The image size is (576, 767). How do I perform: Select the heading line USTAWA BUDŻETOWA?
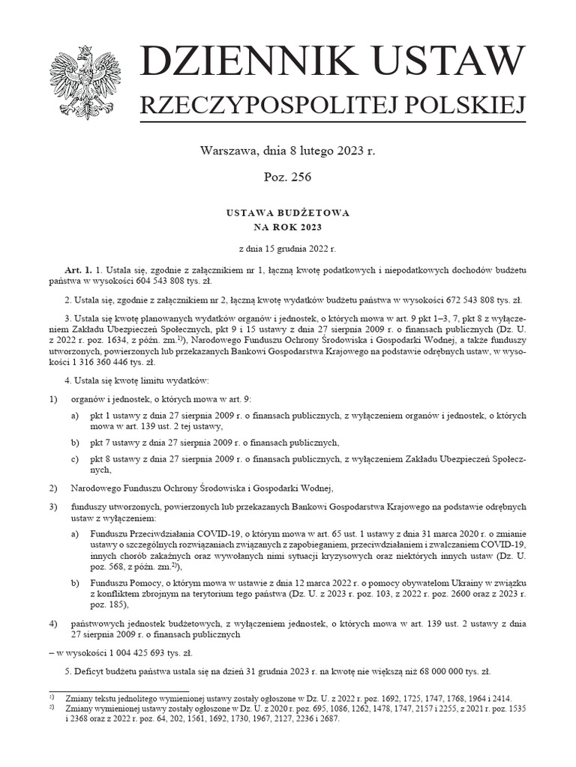(x=287, y=213)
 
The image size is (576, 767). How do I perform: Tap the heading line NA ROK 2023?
(x=287, y=227)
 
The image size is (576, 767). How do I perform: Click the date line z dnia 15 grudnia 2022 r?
(x=287, y=247)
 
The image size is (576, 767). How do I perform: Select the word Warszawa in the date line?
(x=226, y=151)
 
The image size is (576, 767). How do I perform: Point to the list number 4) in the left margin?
(x=52, y=623)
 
